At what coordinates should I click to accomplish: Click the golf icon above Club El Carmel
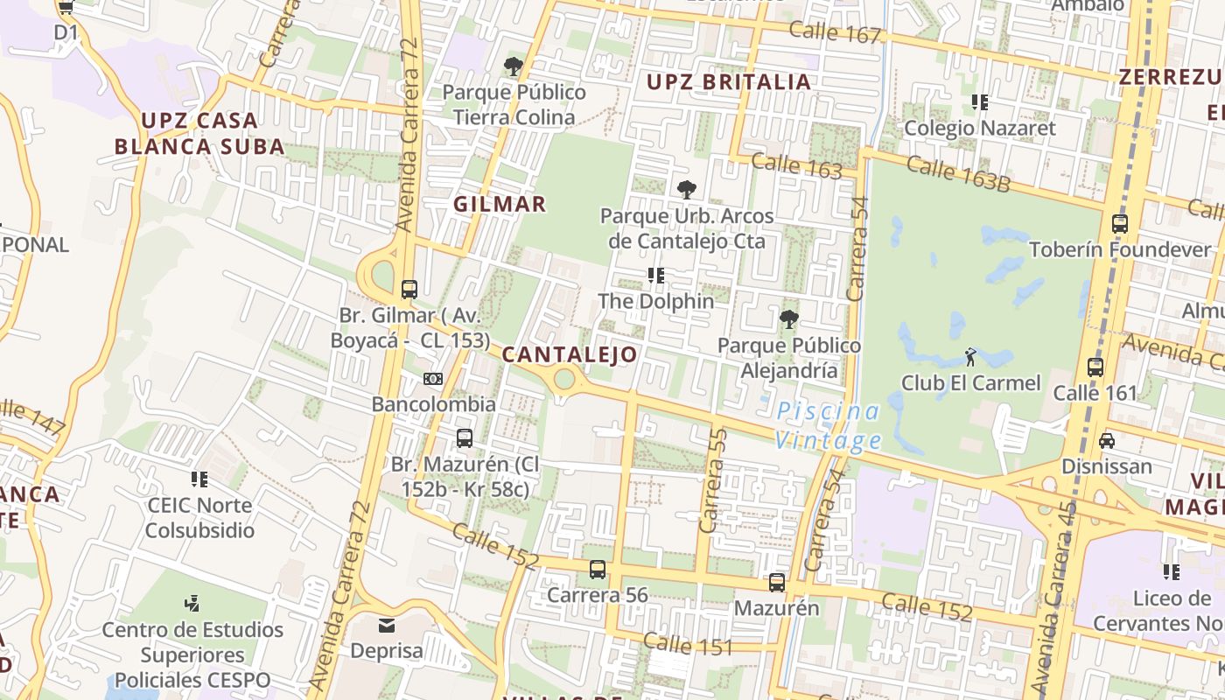[970, 356]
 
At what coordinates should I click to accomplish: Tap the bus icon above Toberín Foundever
[1120, 223]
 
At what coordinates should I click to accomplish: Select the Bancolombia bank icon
[433, 379]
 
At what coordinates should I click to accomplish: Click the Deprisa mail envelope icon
[387, 626]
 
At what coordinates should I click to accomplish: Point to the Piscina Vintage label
[828, 425]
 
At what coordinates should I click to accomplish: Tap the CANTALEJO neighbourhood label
[570, 354]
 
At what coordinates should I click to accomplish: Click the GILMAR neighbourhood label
[500, 204]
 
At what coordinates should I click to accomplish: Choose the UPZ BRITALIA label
[729, 82]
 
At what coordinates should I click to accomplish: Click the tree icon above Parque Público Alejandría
[789, 319]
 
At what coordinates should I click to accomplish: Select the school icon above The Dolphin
[656, 276]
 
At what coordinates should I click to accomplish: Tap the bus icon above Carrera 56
[598, 570]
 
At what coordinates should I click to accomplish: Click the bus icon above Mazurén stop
[777, 582]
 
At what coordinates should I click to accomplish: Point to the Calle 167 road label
[835, 33]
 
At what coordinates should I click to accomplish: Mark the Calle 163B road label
[958, 173]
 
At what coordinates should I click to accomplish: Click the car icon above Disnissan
[1107, 440]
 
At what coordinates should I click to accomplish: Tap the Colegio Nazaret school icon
[980, 102]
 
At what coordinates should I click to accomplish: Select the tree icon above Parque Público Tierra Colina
[514, 66]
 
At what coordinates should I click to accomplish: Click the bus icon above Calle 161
[1095, 367]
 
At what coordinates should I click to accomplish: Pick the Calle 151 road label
[688, 645]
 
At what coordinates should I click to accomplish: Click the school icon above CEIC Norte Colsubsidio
[200, 479]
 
